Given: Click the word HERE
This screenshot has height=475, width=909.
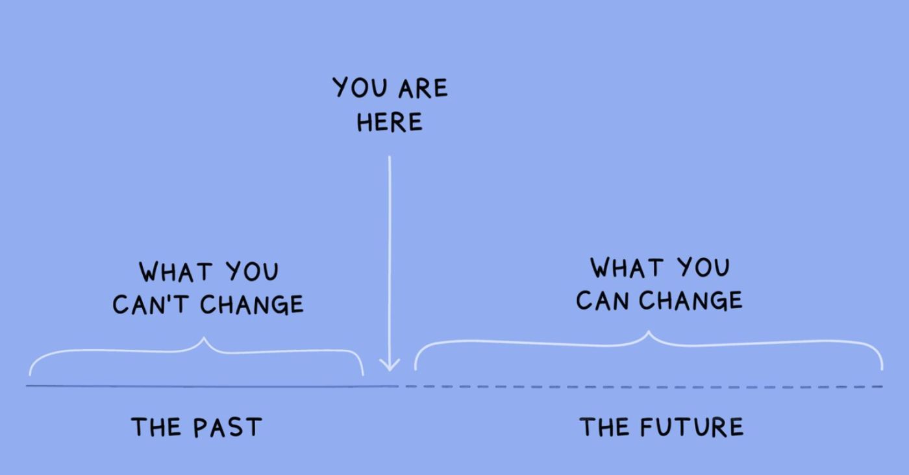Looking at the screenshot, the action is [390, 122].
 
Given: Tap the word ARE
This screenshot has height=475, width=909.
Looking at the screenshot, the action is [423, 88].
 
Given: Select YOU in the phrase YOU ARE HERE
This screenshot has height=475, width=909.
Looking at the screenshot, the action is [359, 87].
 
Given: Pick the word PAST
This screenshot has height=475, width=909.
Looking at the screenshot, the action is [227, 427].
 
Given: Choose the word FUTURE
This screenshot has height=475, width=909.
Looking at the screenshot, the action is [691, 427].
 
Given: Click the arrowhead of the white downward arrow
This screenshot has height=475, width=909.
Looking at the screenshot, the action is [390, 365].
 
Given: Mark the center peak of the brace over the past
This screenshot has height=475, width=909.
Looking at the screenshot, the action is [204, 337].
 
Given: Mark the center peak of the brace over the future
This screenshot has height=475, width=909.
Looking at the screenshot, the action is [649, 332].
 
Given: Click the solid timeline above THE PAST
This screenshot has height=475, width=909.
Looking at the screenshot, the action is [212, 386].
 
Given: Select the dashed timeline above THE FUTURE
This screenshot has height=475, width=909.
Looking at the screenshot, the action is [644, 387].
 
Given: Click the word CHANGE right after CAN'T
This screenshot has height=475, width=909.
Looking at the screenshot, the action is [252, 304].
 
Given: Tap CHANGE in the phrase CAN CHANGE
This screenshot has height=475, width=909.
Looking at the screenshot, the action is [691, 301].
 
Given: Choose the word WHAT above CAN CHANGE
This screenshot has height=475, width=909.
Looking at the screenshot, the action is [627, 268].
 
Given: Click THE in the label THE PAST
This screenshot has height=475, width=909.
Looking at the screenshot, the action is [156, 427].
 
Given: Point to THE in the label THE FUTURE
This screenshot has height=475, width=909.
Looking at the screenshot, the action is [605, 427].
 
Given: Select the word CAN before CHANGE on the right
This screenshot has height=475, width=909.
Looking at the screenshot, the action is [603, 301].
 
